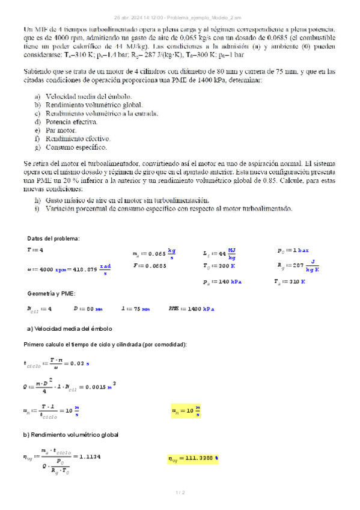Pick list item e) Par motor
[59, 130]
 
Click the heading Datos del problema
[53, 239]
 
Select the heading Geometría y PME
[52, 293]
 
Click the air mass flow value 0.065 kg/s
[155, 254]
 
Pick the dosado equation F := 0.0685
[151, 265]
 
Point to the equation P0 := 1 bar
[293, 250]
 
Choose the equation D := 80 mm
[88, 309]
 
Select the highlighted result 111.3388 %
[193, 459]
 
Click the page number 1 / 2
[180, 493]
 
